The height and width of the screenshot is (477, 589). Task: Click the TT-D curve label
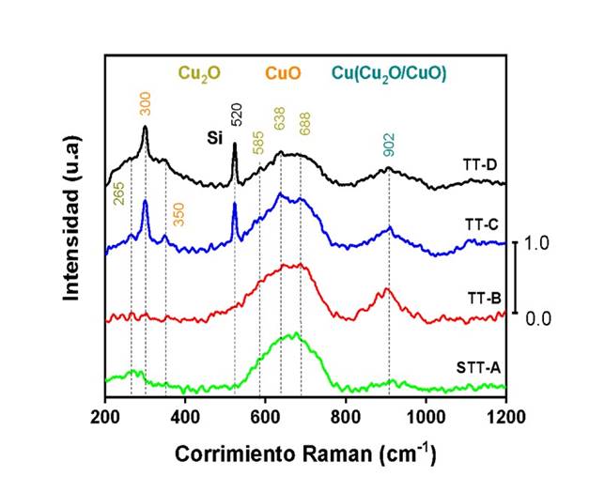coord(480,164)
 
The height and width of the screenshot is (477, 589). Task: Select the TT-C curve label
coord(480,225)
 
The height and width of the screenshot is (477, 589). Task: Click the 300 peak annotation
coord(145,108)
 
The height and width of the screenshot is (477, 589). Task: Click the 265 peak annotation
coord(118,194)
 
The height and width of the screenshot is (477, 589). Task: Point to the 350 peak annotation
coord(178,213)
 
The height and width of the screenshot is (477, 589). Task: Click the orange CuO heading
coord(282,72)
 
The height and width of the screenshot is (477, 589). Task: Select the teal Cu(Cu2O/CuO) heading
coord(388,72)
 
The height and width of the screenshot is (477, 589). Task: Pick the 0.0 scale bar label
coord(538,319)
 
